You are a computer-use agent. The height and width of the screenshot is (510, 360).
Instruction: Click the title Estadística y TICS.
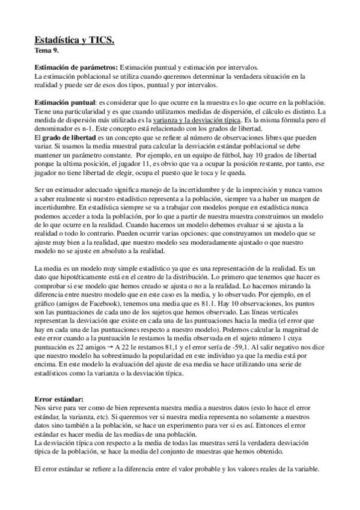[74, 40]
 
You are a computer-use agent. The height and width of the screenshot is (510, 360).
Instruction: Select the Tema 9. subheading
[48, 51]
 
